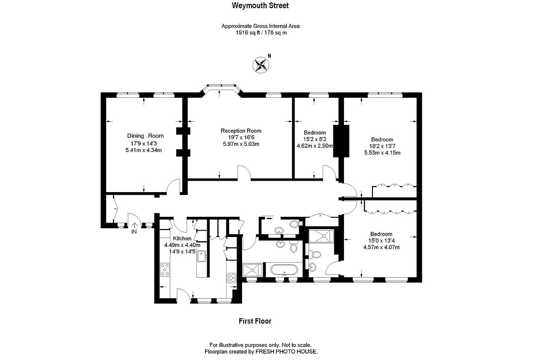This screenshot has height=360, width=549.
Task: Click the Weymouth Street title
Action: coord(260,6)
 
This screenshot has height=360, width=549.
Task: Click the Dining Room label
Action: coord(145,136)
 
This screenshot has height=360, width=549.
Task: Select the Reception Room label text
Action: coord(241,130)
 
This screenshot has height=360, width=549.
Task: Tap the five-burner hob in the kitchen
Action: coord(165,269)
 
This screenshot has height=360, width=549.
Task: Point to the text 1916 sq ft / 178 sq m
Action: coord(260,33)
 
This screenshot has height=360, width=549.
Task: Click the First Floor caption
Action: coord(255,321)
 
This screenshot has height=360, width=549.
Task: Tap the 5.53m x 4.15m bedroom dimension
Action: coord(382,153)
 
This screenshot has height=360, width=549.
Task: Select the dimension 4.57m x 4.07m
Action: coord(381,247)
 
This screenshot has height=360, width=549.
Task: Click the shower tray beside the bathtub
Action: coord(253,270)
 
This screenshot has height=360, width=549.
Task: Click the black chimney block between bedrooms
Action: coord(341,141)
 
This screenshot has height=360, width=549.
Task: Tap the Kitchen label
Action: coord(182,238)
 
